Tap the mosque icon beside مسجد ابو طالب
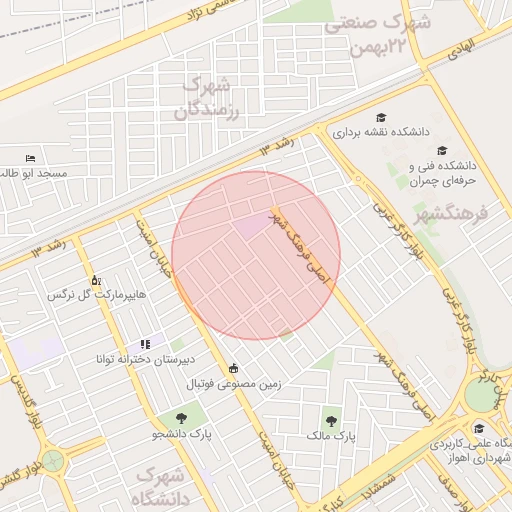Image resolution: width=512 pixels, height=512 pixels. click(31, 158)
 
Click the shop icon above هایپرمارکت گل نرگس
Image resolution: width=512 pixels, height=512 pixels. click(96, 281)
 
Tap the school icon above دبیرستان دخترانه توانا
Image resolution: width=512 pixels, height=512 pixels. click(145, 343)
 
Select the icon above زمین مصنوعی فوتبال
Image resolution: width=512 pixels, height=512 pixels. click(234, 367)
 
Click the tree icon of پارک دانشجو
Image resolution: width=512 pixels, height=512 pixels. click(182, 419)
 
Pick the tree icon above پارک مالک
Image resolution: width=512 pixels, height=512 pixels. click(332, 420)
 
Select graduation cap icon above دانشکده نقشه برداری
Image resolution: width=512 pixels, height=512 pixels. click(380, 117)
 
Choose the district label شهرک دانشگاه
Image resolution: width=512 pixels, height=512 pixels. click(165, 486)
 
